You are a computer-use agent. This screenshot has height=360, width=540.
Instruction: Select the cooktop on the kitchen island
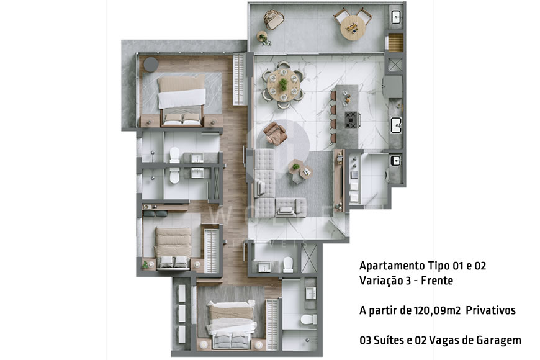pos(351,118)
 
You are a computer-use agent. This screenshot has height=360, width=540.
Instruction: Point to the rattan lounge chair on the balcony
pos(271,20)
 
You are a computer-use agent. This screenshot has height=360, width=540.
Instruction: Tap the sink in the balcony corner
pos(395,17)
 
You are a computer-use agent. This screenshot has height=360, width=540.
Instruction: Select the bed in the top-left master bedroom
pos(182,99)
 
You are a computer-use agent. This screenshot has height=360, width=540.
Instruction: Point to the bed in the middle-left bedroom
pos(172,247)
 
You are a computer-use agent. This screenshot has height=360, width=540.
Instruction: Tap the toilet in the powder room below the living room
pos(288,265)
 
